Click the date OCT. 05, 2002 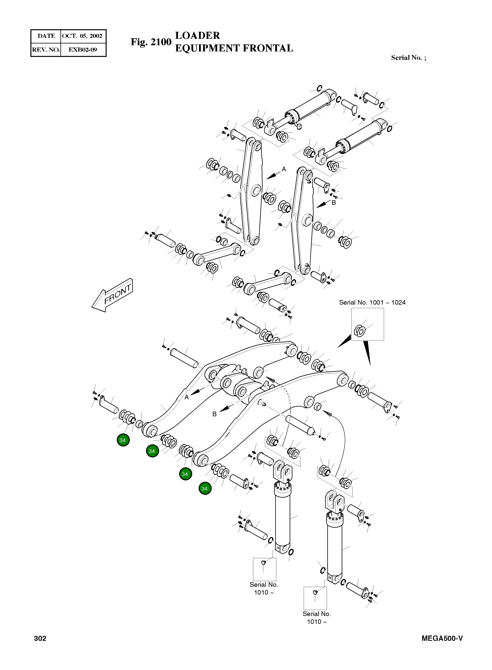coord(82,36)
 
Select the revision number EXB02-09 coord(82,50)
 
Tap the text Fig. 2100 coord(151,42)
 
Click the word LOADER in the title coord(197,35)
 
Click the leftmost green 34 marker coord(123,440)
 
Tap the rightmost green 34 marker coord(205,489)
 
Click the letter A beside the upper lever coord(284,169)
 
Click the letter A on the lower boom coord(187,397)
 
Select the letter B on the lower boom coord(214,414)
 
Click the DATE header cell coord(46,36)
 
